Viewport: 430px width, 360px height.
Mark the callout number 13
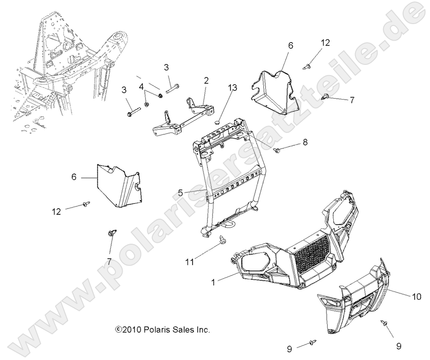(x=232, y=88)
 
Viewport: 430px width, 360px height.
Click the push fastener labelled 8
(x=278, y=150)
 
